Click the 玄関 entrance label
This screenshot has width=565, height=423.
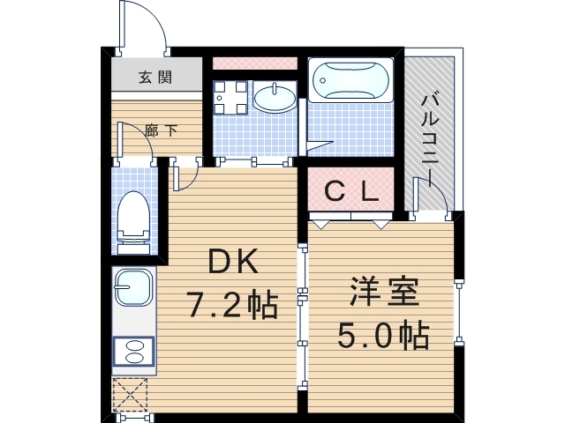(x=154, y=78)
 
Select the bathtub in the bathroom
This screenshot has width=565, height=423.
(x=351, y=81)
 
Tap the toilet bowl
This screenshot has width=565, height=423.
(x=135, y=216)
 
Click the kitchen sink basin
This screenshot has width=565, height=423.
(x=132, y=287)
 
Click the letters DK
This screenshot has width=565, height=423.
(x=232, y=262)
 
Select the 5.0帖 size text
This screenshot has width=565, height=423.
(x=384, y=336)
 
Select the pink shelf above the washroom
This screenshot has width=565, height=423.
(x=255, y=63)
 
